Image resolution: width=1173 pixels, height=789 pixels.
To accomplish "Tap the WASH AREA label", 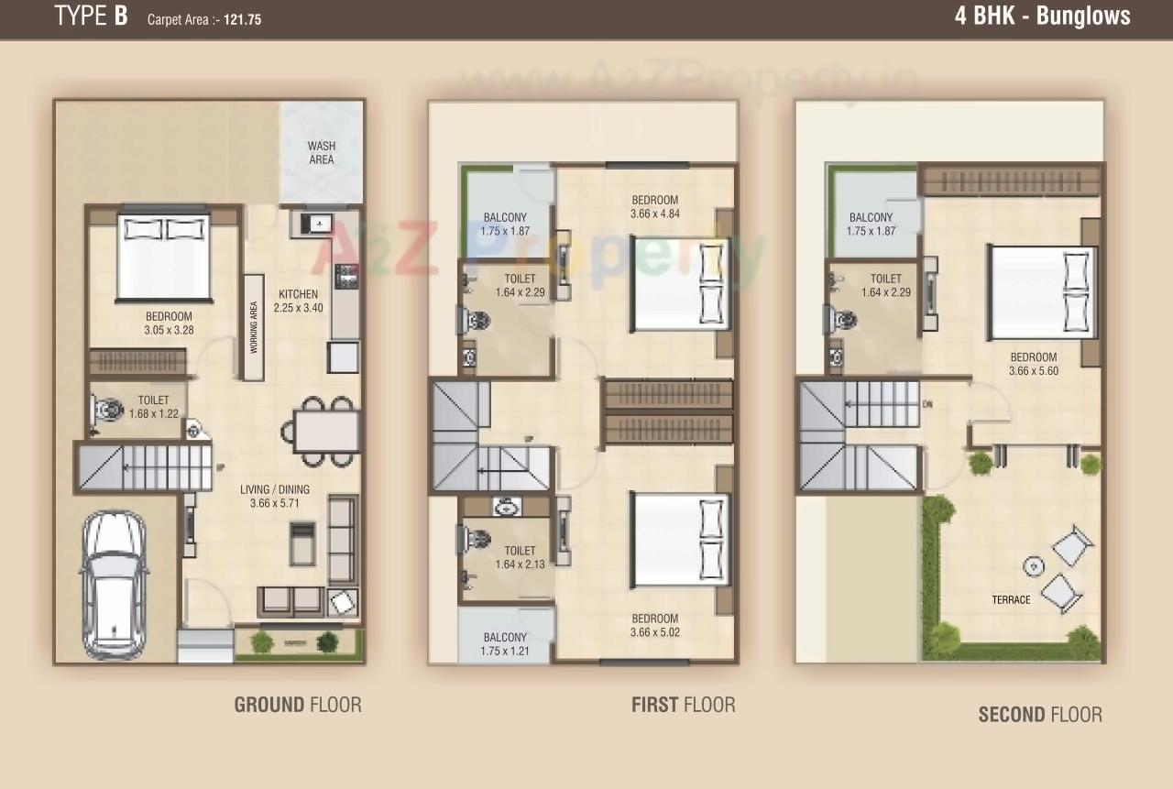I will click(321, 152).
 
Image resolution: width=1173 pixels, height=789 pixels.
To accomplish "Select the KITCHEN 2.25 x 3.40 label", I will click(300, 301).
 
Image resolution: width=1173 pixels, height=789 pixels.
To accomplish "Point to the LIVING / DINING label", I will click(269, 496).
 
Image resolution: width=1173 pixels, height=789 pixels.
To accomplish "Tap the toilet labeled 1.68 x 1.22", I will click(153, 406).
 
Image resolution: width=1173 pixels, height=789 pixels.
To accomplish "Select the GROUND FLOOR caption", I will click(298, 705).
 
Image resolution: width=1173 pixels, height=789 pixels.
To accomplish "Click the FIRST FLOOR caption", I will click(683, 705).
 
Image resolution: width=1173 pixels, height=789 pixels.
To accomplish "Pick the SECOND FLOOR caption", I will click(1040, 714).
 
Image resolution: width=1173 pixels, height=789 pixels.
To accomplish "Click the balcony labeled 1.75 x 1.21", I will click(504, 644).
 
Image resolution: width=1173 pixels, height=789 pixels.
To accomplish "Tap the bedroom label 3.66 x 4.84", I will click(654, 207).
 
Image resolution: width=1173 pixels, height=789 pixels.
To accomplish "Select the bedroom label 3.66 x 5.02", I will click(654, 625).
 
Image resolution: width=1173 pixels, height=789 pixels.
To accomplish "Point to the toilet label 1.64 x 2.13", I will click(519, 557).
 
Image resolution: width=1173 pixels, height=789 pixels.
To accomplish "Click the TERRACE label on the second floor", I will click(1011, 600).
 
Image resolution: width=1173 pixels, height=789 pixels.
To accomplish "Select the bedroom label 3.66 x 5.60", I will click(1033, 364).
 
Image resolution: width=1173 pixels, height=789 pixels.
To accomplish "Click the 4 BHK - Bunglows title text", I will click(1042, 16).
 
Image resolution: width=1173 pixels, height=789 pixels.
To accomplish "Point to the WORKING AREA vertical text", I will click(254, 327).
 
